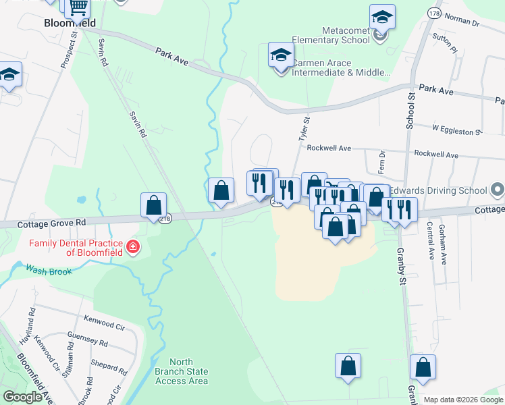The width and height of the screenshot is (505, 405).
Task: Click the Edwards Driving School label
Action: [440, 190]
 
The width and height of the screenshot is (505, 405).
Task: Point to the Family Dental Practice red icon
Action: [133, 248]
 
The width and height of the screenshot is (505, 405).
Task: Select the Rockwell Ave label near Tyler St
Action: [329, 148]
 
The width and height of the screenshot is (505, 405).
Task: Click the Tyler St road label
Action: [304, 128]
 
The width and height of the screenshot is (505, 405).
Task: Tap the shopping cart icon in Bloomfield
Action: [78, 8]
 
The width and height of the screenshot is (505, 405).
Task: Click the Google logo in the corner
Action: [22, 397]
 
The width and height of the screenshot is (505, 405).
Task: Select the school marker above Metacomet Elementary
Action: [382, 18]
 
